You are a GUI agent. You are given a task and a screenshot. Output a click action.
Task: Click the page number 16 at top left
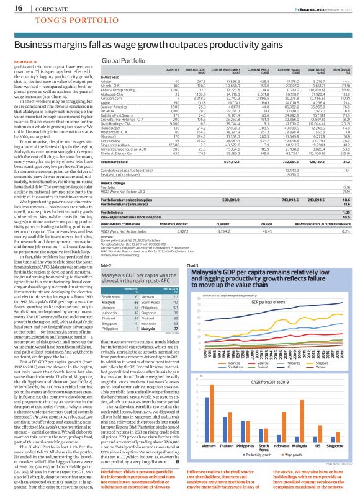tap(10, 7)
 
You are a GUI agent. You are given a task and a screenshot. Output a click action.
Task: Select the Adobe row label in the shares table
tap(107, 81)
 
